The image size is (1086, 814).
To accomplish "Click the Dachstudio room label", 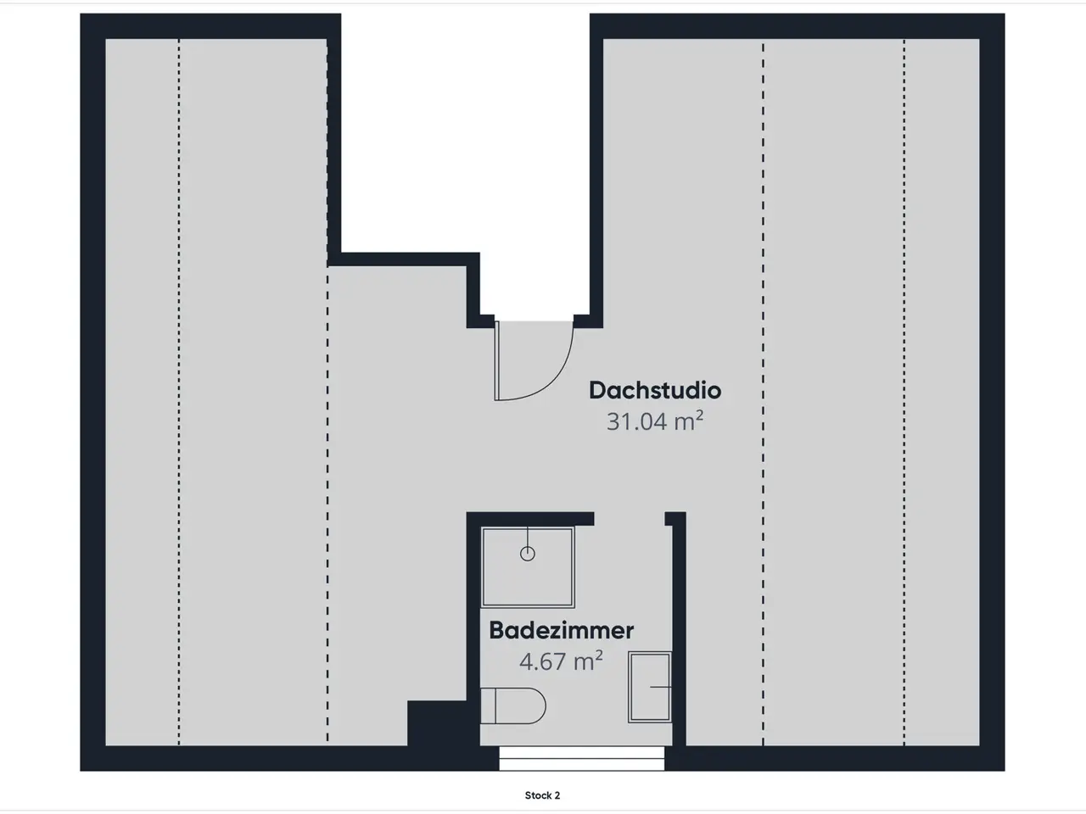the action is click(x=655, y=390).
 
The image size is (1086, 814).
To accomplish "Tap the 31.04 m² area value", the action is click(x=655, y=421).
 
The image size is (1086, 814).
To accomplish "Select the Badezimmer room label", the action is click(x=561, y=631).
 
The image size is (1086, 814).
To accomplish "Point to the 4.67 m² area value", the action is click(x=561, y=661).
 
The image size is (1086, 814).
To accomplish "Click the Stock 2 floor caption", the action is click(x=542, y=795).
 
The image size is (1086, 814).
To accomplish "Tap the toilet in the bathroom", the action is click(x=513, y=705).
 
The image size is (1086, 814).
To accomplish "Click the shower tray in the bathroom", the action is click(x=528, y=567).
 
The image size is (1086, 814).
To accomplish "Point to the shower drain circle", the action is click(x=528, y=554).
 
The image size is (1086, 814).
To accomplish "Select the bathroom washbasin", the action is click(x=650, y=688).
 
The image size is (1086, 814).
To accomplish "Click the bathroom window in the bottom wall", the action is click(x=581, y=758).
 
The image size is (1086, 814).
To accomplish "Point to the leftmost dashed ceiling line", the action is click(x=179, y=392).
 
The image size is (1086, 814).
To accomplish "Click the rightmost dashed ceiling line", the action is click(x=904, y=392).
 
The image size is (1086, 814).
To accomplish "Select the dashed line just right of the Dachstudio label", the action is click(x=763, y=392).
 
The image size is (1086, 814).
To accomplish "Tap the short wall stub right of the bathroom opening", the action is click(x=675, y=518).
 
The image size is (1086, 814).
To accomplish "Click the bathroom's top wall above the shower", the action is click(x=530, y=519).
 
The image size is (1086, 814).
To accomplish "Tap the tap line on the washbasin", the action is click(x=660, y=687).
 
